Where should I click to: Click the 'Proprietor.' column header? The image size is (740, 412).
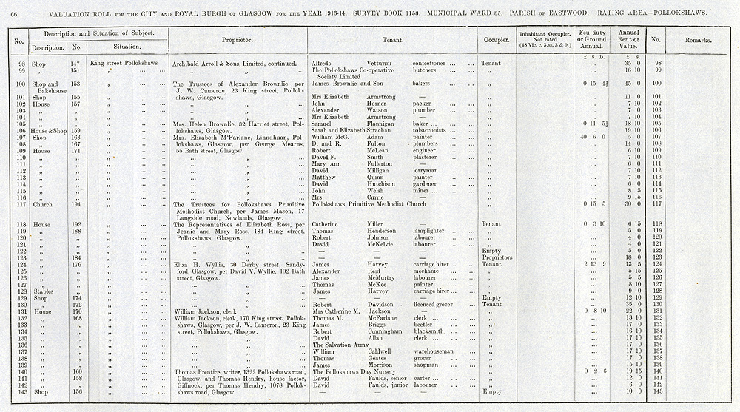pyautogui.click(x=238, y=40)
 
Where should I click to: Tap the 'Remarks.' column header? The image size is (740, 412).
pyautogui.click(x=698, y=40)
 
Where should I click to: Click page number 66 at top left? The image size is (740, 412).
pyautogui.click(x=13, y=13)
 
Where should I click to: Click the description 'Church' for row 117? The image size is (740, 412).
pyautogui.click(x=43, y=203)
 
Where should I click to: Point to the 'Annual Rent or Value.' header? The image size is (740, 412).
pyautogui.click(x=628, y=39)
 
